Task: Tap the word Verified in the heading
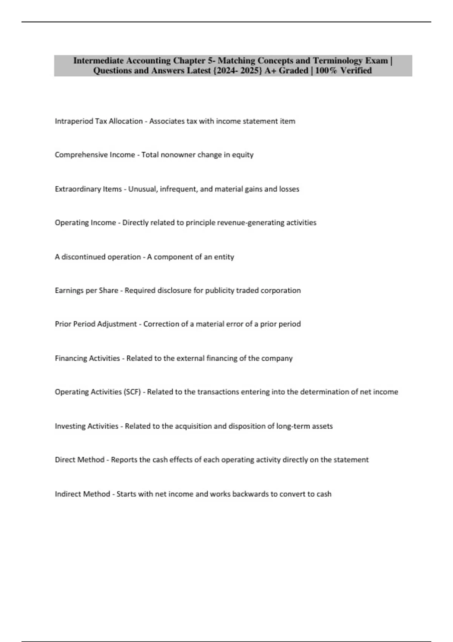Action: [x=356, y=71]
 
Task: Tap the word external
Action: [x=191, y=358]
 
